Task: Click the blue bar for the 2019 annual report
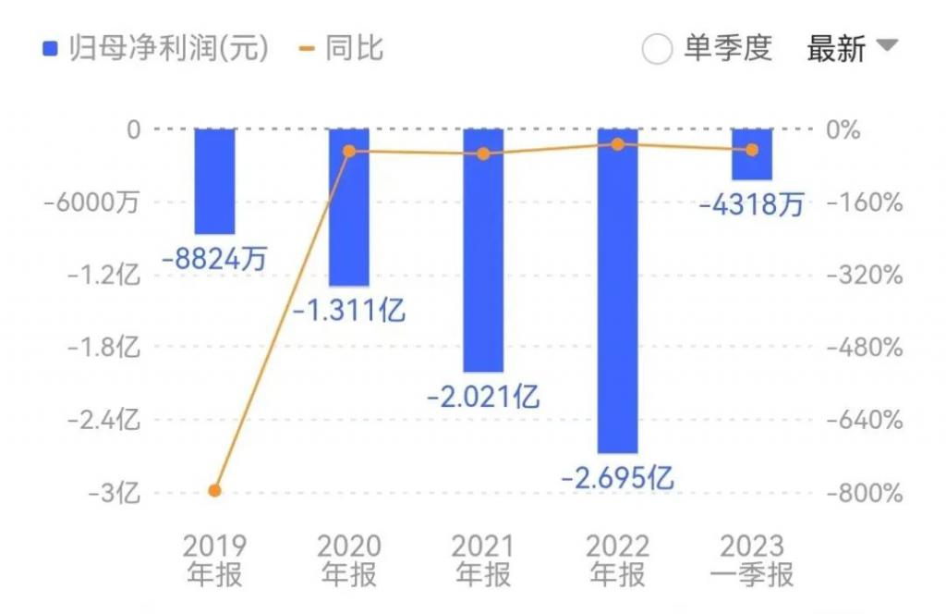[214, 181]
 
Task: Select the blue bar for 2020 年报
[349, 207]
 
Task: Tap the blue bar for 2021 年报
[483, 250]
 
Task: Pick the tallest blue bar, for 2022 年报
[618, 290]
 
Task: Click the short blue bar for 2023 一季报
[752, 154]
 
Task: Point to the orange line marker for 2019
[214, 490]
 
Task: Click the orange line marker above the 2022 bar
[618, 144]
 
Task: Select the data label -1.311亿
[349, 310]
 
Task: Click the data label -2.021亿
[483, 397]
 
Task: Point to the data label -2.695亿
[618, 477]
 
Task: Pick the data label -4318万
[752, 204]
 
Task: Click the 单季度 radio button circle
[657, 49]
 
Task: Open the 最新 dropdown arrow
[886, 45]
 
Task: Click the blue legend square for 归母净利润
[50, 48]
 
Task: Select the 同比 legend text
[354, 48]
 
